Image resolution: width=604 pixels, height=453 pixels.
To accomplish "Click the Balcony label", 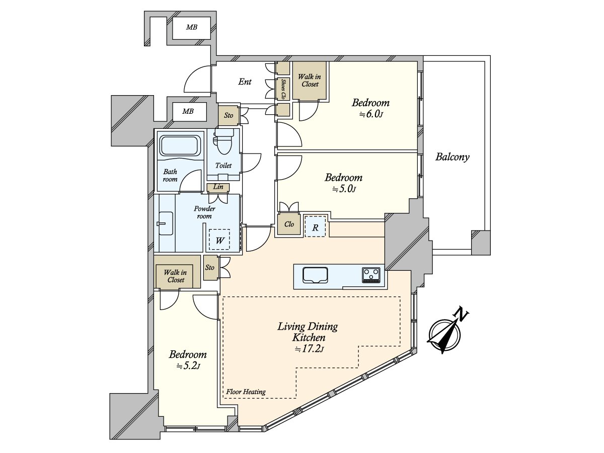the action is point(452,157).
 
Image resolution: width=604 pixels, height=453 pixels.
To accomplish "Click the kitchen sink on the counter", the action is point(316,275).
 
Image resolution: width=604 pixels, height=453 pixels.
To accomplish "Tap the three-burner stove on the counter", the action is point(371,275).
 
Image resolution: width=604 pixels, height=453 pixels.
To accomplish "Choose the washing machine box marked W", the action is point(219,240).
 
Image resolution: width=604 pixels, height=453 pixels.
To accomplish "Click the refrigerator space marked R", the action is point(316,226).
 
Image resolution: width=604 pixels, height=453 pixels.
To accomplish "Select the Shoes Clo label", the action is point(283,89).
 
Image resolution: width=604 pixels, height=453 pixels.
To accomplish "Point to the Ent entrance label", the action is point(245,82).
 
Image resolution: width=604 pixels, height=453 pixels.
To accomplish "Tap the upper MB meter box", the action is point(192,28).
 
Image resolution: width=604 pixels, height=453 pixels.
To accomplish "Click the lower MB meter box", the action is point(188,111).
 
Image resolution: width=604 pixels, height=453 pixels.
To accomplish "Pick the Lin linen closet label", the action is point(218,187).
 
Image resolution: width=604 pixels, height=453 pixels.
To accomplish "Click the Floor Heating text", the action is point(246,392).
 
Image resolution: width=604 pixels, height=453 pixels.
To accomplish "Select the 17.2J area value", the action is point(309,349).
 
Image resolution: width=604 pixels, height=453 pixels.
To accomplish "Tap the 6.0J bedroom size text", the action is point(371,114).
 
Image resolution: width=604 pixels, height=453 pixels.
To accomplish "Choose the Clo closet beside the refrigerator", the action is point(289,224).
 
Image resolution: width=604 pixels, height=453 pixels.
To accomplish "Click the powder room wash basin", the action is point(166,223).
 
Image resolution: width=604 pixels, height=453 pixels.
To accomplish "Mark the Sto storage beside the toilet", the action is point(229,115).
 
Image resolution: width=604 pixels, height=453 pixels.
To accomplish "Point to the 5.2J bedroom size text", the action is point(188,366).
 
